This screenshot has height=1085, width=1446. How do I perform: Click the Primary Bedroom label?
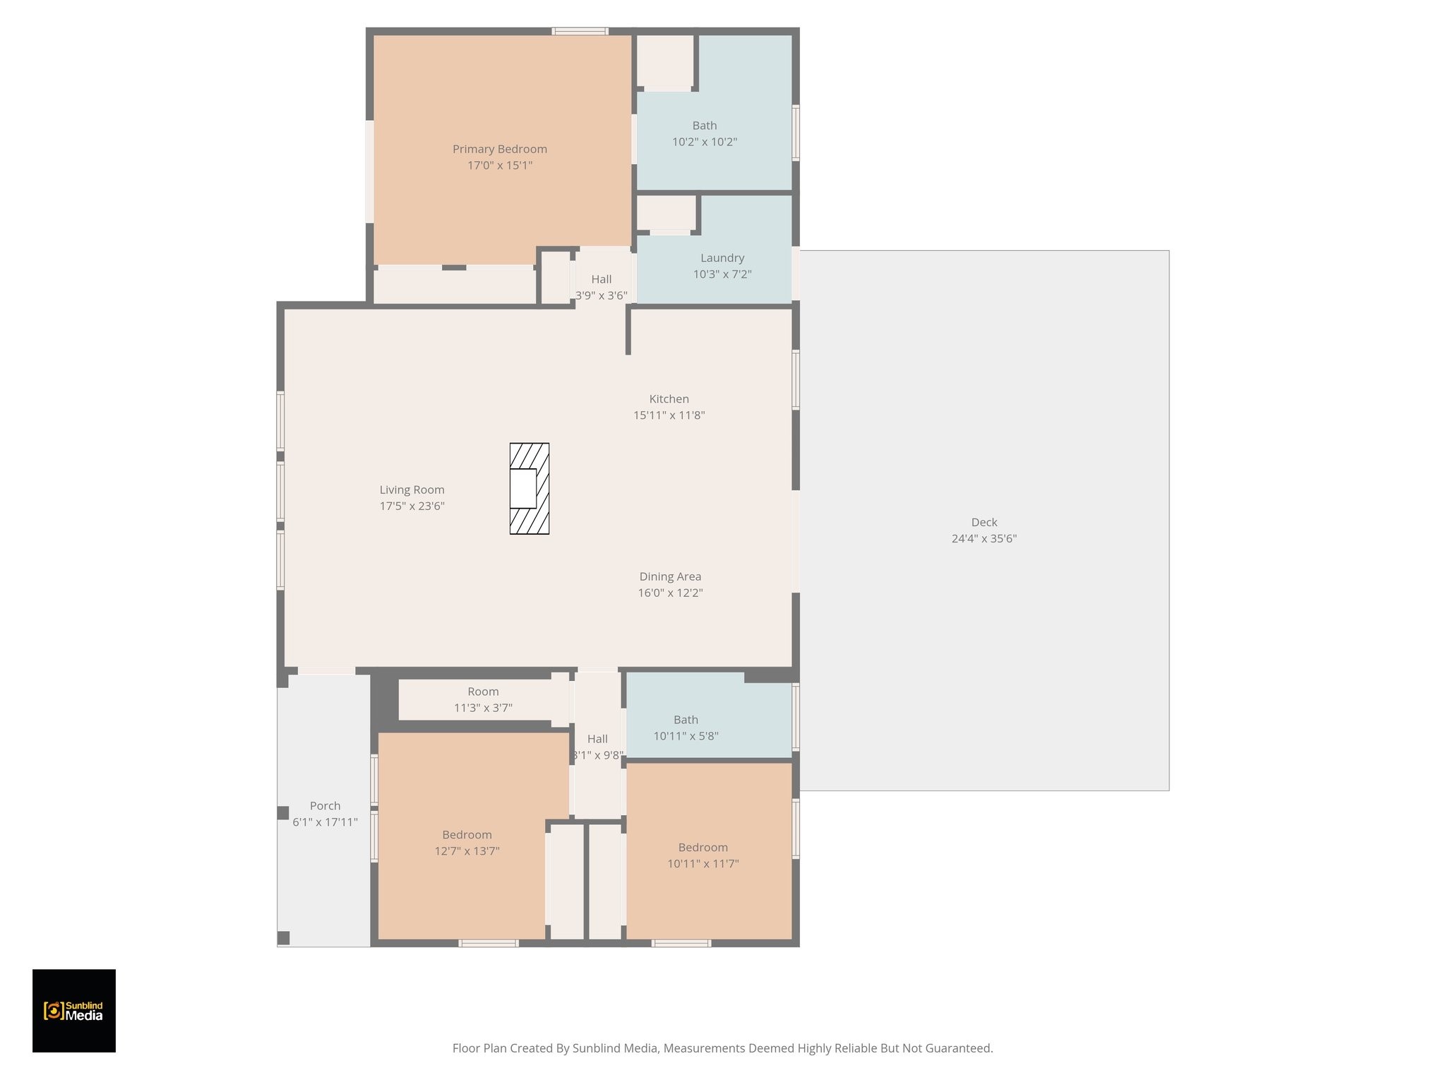(499, 149)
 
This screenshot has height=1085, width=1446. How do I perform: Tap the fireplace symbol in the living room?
(529, 488)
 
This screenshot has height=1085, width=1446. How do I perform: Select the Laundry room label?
(722, 258)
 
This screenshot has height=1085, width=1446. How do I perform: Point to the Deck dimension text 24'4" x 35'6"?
(984, 538)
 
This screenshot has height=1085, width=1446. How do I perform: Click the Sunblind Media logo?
(74, 1010)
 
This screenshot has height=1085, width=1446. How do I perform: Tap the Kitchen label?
(669, 399)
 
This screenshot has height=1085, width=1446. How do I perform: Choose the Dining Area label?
(670, 576)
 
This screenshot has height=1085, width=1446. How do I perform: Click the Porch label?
(325, 806)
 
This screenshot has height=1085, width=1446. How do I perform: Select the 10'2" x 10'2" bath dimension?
(704, 142)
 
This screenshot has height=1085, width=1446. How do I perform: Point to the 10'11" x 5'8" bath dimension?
(686, 736)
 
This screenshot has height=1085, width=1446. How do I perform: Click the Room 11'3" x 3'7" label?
(483, 692)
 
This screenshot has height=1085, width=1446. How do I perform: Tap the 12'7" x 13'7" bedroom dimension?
(467, 851)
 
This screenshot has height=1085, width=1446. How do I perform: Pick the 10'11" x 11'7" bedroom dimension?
(703, 863)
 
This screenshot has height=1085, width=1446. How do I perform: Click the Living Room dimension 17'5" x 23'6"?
(412, 506)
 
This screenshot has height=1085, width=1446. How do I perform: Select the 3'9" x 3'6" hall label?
(601, 295)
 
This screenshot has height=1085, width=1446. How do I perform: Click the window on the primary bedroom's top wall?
(580, 31)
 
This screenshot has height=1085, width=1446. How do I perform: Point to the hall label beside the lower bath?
(597, 739)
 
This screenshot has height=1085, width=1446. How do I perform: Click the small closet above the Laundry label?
(667, 213)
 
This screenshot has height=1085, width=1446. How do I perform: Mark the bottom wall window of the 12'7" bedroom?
(489, 943)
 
